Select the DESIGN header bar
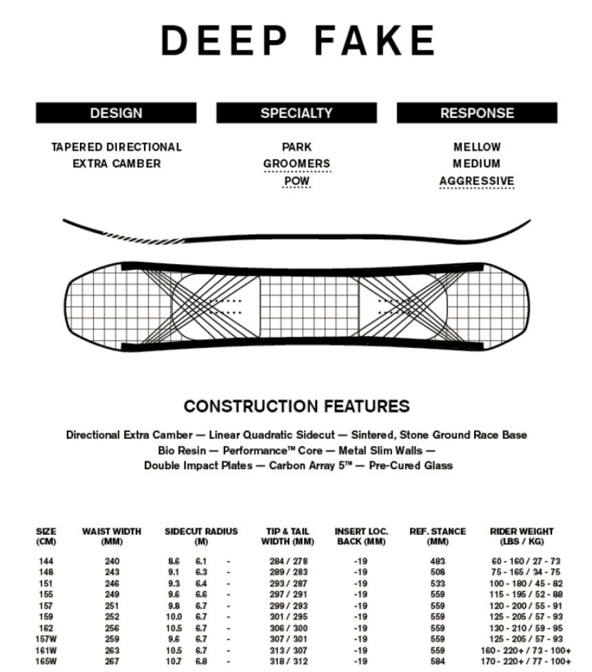(x=116, y=113)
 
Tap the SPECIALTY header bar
(x=296, y=113)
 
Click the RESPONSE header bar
(x=477, y=113)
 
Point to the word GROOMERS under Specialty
(x=296, y=164)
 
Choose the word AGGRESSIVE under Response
(x=477, y=181)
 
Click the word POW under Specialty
(x=296, y=181)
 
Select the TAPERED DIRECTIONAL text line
(x=116, y=147)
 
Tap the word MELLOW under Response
(x=477, y=147)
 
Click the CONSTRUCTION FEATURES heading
(x=296, y=406)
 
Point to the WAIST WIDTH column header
(x=111, y=536)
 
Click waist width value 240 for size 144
(x=111, y=562)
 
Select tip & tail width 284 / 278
(x=288, y=562)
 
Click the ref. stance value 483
(x=438, y=562)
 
